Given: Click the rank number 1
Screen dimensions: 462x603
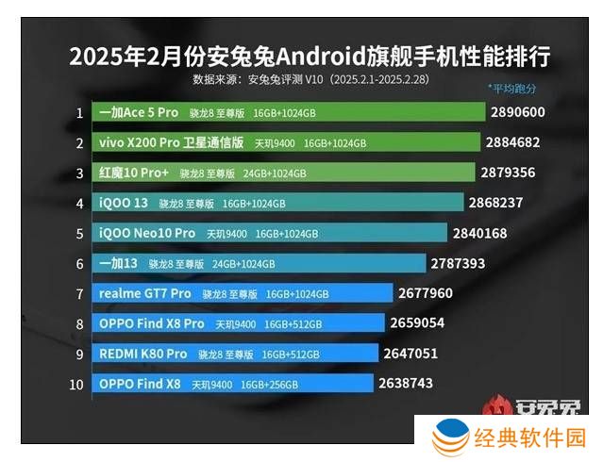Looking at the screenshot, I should click(x=80, y=113).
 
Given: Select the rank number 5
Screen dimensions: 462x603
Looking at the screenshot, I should click(x=80, y=233).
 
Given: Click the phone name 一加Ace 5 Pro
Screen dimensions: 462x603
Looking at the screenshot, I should click(x=139, y=113).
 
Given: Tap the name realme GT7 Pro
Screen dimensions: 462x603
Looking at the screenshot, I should click(x=144, y=293).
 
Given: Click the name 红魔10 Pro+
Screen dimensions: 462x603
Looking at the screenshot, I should click(x=135, y=173).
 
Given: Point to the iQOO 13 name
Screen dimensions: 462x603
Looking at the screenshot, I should click(x=124, y=203).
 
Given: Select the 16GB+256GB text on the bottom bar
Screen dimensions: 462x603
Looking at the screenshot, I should click(x=269, y=385).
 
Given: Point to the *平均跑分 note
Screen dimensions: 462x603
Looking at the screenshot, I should click(x=512, y=89).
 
